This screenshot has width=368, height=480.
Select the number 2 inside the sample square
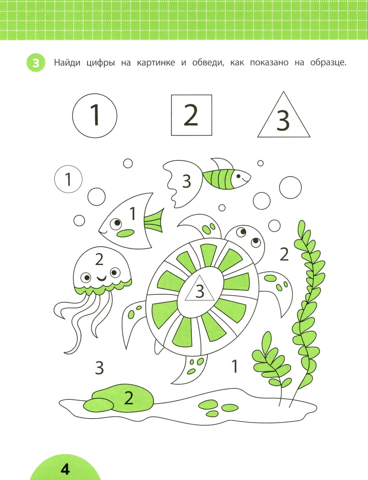pos(191,115)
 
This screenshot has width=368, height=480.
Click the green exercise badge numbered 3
pos(36,63)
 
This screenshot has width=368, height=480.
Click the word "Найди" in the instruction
pos(67,63)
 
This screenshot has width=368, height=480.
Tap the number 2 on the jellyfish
pos(99,260)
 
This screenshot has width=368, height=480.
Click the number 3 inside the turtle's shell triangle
pos(200,291)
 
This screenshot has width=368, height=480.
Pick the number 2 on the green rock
pos(129,398)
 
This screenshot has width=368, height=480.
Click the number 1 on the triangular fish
pos(132,213)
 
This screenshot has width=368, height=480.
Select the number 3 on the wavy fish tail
pos(187,181)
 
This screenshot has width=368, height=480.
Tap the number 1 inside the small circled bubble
pos(68,179)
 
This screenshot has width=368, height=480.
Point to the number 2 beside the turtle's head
pos(284,254)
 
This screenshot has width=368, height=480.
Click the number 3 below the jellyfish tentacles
pos(99,367)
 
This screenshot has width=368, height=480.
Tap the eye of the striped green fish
pos(238,176)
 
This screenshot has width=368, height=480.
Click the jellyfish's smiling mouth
pos(102,278)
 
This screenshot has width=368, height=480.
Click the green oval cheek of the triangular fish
pos(125,233)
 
